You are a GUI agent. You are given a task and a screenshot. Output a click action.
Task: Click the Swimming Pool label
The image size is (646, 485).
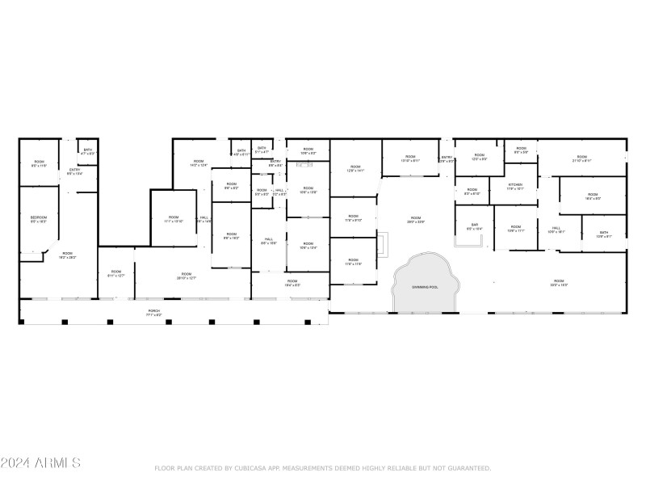pos(424,287)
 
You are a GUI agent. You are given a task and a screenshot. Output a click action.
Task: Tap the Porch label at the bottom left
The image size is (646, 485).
pos(153,310)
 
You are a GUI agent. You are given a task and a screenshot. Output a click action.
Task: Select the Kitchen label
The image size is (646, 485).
pos(515,184)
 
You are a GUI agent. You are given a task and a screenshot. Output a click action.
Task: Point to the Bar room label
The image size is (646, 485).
pos(474,226)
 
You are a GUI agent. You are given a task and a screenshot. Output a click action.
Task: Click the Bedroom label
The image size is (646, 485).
pos(39,217)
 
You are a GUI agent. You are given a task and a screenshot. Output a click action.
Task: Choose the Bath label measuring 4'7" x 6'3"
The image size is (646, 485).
pos(87,150)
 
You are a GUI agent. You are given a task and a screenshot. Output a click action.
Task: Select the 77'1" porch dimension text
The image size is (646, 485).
pos(153,314)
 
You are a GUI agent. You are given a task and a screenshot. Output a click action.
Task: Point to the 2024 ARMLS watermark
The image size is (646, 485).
pos(40,463)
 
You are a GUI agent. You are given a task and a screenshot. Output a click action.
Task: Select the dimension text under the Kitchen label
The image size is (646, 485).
pos(515,188)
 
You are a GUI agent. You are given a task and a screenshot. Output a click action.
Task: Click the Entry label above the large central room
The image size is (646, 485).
pos(447,158)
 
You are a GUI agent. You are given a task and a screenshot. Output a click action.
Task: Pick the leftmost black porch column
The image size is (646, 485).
pos(22,322)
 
